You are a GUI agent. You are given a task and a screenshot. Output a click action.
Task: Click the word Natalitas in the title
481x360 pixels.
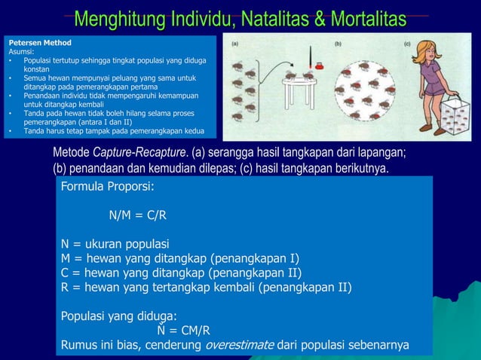click(255, 19)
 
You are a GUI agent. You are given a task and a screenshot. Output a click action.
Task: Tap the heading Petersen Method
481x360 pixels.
click(36, 44)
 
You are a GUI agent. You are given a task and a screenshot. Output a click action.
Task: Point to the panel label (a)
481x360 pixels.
click(235, 43)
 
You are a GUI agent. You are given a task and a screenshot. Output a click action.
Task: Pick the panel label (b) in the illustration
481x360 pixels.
click(339, 43)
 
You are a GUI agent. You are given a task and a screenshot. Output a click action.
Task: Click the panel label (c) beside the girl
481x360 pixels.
click(407, 43)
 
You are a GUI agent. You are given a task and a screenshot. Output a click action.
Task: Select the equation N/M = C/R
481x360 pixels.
click(138, 215)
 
